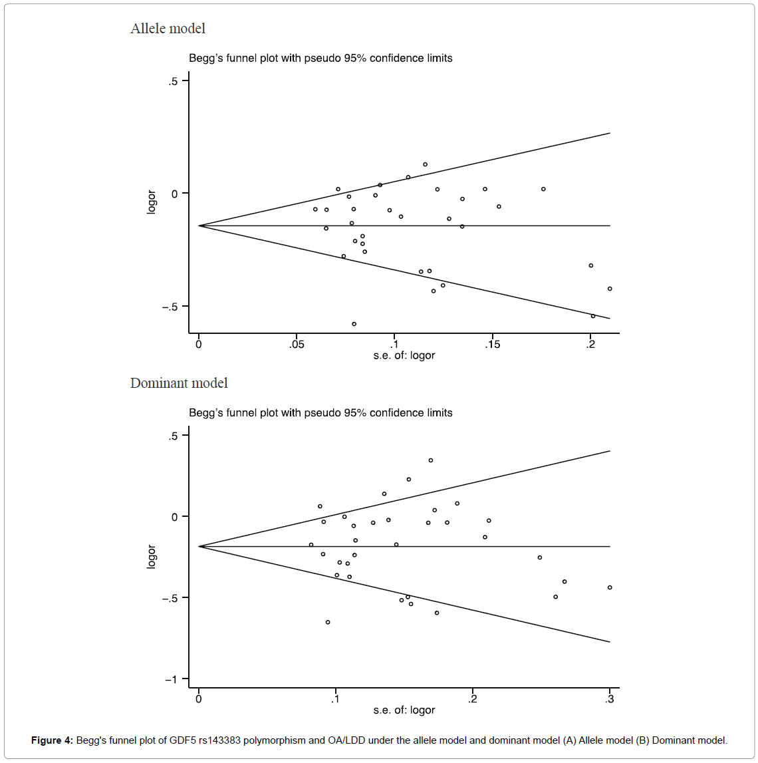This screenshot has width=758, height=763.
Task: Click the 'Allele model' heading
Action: coord(168,29)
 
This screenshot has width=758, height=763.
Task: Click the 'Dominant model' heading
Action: coord(179,383)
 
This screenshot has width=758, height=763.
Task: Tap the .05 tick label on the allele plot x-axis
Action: coord(297,345)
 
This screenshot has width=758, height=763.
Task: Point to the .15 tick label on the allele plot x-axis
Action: coord(492,345)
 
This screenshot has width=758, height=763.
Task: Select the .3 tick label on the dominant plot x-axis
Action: coord(610,699)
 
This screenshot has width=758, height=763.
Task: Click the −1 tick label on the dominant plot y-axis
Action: coord(172,679)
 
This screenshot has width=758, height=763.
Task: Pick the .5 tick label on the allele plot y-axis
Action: coord(174,81)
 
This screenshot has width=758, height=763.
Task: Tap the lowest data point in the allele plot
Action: coord(354,324)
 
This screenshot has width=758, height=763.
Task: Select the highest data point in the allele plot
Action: coord(425,164)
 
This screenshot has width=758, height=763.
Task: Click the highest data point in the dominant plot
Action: coord(431,460)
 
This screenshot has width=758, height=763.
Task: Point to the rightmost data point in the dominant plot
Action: coord(610,587)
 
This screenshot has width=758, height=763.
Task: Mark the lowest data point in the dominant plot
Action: coord(328,622)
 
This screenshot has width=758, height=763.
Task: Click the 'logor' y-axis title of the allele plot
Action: coord(152,202)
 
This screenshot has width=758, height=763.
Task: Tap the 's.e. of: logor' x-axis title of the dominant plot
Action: coord(404,710)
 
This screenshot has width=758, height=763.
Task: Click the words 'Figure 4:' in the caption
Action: coord(52,740)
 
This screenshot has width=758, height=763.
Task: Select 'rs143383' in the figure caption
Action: coord(218,740)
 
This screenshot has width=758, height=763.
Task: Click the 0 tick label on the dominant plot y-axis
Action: coord(175,517)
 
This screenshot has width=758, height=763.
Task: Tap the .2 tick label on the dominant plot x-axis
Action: coord(473,699)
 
